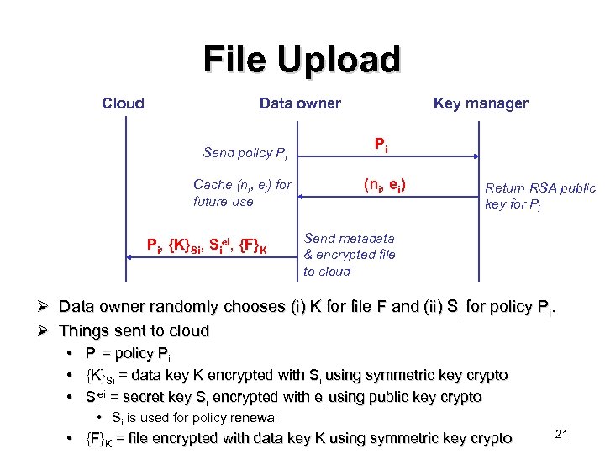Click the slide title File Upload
click(302, 61)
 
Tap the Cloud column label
click(123, 103)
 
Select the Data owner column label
click(300, 103)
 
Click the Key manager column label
click(481, 103)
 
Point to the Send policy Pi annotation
click(245, 153)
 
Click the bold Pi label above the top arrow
click(381, 145)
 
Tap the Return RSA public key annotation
click(540, 196)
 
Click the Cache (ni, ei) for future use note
click(242, 193)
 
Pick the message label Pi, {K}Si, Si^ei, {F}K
click(208, 246)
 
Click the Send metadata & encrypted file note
click(350, 255)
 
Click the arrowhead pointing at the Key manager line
click(475, 156)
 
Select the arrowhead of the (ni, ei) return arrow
click(303, 197)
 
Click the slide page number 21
click(563, 433)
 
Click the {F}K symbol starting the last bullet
click(100, 438)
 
